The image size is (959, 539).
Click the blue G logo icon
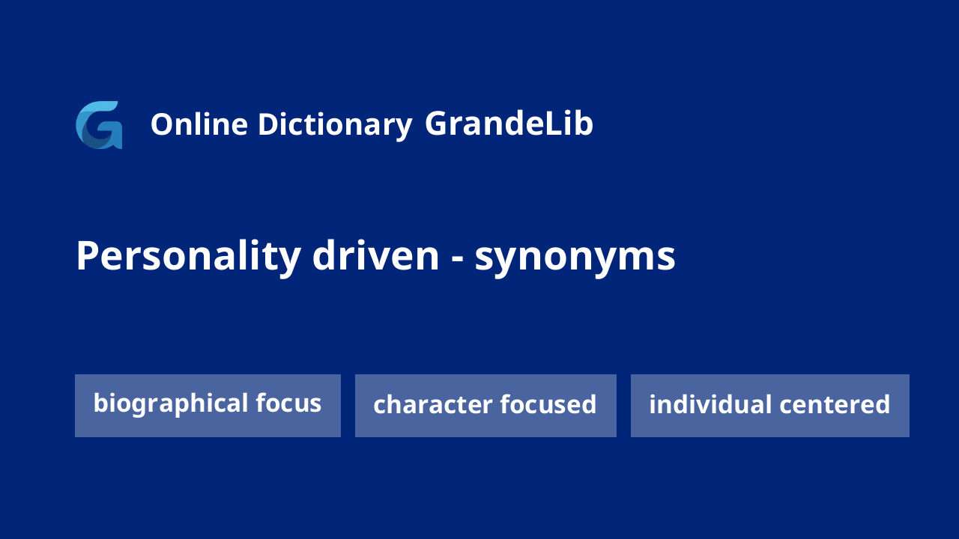tap(99, 125)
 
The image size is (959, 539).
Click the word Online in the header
tap(199, 124)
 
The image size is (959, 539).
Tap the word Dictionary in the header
tap(335, 126)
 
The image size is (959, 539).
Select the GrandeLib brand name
tap(509, 124)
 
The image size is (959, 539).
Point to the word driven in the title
tap(376, 255)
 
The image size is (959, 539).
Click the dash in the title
tap(458, 260)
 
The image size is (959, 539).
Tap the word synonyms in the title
tap(575, 258)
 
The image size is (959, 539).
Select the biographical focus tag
tap(208, 406)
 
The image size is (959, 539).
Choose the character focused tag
tap(485, 406)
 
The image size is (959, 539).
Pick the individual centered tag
tap(769, 406)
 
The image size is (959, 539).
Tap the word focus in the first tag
tap(288, 403)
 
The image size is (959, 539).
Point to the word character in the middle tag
tap(433, 405)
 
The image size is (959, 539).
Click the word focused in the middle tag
tap(548, 404)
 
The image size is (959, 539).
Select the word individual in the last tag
tap(711, 404)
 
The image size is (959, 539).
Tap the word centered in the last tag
tap(835, 404)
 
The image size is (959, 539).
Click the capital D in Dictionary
tap(268, 124)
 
